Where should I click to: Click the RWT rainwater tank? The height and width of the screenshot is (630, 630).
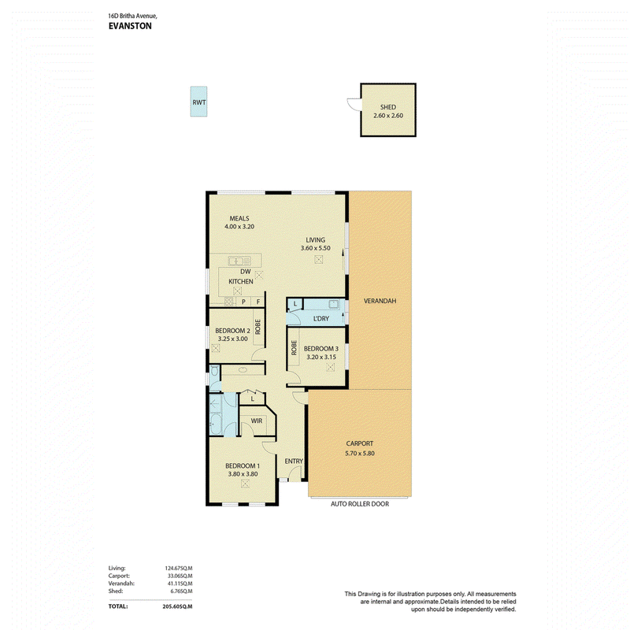[x=198, y=102]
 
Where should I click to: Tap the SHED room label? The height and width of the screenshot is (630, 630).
[x=388, y=107]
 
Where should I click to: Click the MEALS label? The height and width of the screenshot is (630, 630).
[x=239, y=218]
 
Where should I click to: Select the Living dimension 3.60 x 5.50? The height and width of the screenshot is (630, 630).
[x=316, y=248]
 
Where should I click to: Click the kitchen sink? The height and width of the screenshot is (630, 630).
[x=239, y=261]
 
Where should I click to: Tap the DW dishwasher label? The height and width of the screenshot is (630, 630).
[x=246, y=271]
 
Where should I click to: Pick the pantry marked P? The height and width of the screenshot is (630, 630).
[x=243, y=302]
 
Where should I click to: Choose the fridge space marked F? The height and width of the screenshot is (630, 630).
[x=258, y=302]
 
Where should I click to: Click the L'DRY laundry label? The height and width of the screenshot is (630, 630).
[x=321, y=318]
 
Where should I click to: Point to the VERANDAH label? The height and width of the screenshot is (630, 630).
[x=380, y=301]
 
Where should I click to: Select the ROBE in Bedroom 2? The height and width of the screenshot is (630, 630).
[x=258, y=327]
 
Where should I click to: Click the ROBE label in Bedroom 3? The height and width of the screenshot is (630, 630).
[x=294, y=347]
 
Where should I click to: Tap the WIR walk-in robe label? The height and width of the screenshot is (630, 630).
[x=257, y=421]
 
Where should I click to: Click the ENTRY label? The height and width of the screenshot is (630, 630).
[x=294, y=461]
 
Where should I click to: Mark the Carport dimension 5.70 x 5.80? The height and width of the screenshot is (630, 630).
[x=360, y=454]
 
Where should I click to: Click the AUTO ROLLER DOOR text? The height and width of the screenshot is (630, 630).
[x=360, y=504]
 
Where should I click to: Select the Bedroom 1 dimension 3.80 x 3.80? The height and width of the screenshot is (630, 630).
[x=243, y=474]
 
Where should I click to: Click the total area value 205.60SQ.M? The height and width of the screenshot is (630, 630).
[x=177, y=606]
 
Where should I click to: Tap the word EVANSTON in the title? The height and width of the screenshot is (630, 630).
[x=130, y=26]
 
